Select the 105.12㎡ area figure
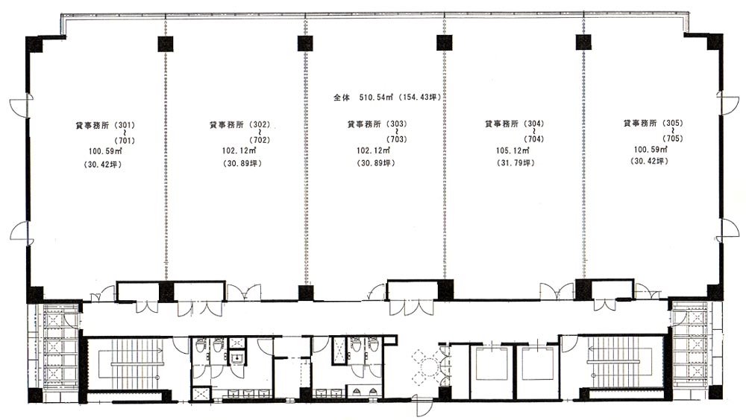point(513,150)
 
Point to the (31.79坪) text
point(515,163)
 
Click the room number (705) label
point(673,139)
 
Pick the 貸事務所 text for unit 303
point(364,124)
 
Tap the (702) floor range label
point(260,140)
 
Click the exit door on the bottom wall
point(422,406)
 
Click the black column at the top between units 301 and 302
point(165,44)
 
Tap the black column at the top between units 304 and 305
point(583,42)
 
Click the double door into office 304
point(557,290)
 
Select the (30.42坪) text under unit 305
point(650,161)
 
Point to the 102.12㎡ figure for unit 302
point(239,150)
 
